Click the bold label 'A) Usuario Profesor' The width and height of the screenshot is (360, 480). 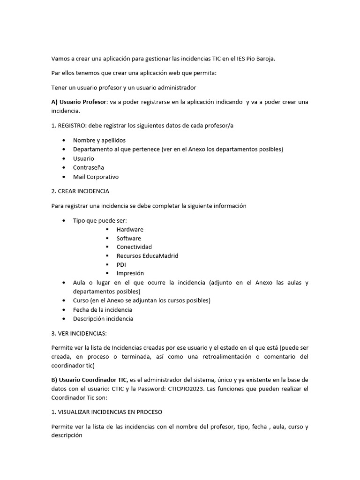[x=79, y=102]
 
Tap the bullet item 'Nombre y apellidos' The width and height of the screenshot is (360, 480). [x=99, y=140]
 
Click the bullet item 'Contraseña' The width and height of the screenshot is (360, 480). [x=88, y=167]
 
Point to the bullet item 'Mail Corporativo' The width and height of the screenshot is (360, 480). [x=96, y=177]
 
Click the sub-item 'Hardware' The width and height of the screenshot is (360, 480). [x=130, y=229]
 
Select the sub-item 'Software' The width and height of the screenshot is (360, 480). [x=128, y=238]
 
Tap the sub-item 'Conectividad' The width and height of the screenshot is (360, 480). [x=134, y=247]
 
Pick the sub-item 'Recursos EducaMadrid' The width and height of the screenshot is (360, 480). [x=147, y=255]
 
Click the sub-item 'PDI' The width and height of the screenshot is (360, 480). [x=121, y=264]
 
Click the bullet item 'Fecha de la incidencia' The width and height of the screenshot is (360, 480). [x=102, y=309]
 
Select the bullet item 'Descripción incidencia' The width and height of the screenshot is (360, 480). [x=103, y=319]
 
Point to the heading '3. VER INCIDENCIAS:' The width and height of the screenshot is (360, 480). [x=79, y=333]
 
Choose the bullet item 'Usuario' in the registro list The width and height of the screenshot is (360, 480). [x=83, y=158]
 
